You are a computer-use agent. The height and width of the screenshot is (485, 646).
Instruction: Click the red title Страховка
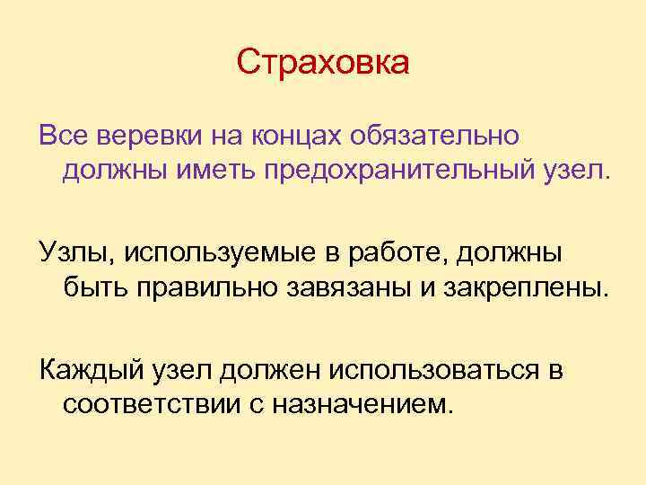[323, 63]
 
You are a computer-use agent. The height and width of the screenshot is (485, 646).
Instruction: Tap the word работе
[402, 253]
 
